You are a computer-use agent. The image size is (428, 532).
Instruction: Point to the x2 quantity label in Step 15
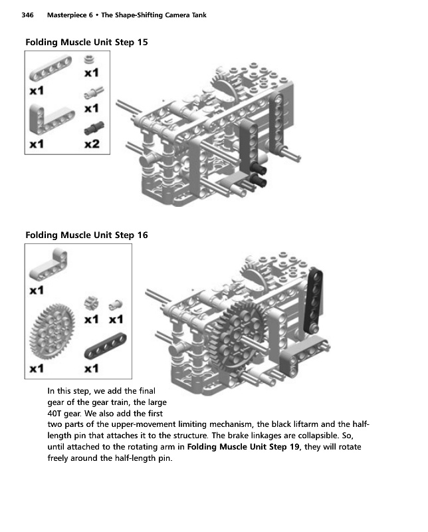click(x=91, y=143)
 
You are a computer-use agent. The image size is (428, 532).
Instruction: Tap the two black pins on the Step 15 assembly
click(x=258, y=178)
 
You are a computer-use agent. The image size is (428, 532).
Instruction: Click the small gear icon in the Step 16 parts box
click(x=90, y=304)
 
